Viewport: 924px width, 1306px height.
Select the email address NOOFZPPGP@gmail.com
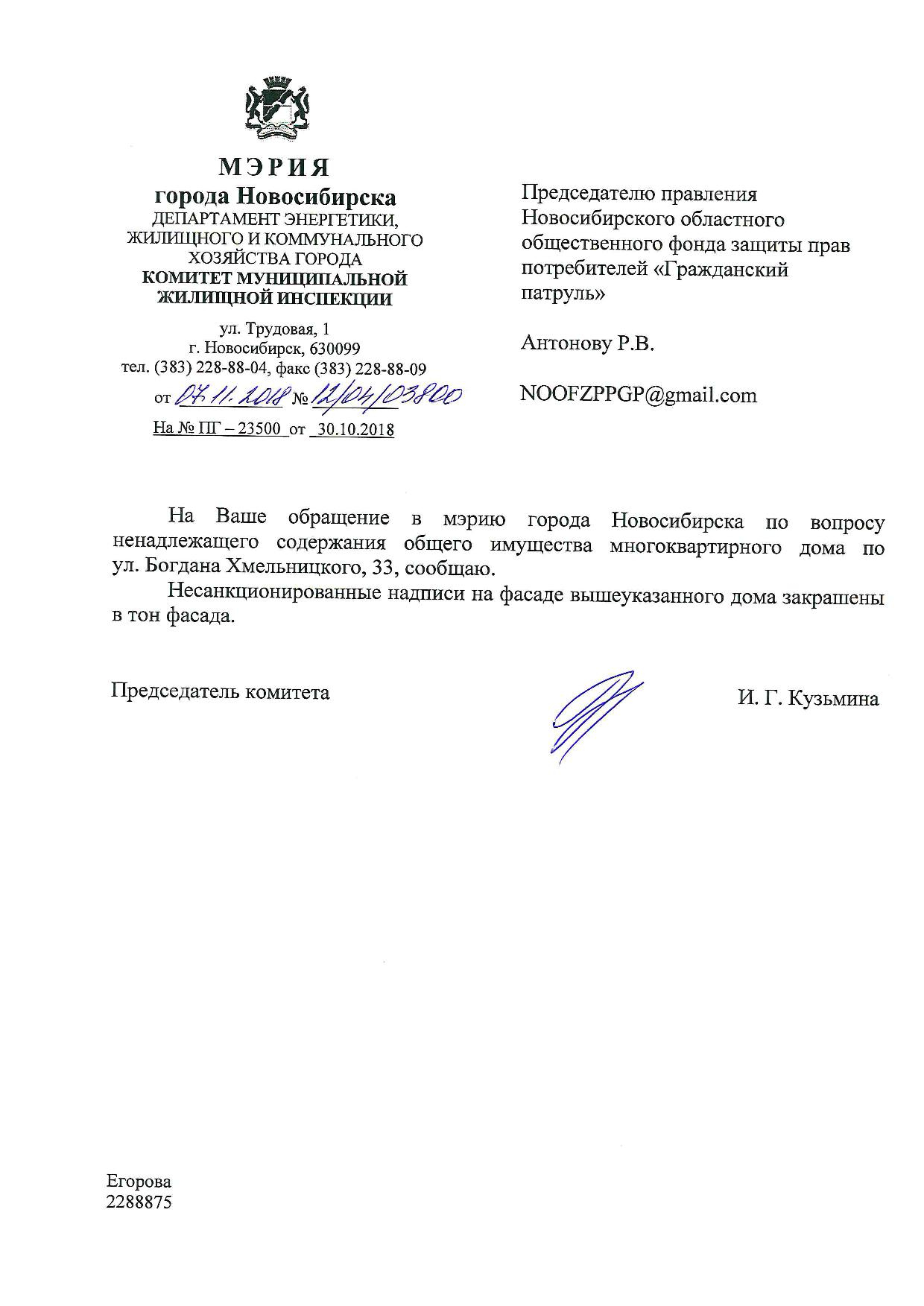[639, 395]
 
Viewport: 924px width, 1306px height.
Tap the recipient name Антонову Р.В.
[587, 343]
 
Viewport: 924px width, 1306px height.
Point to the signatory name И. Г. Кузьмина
[808, 699]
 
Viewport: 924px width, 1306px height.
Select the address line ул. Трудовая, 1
[274, 329]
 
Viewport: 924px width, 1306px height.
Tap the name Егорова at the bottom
[139, 1181]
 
